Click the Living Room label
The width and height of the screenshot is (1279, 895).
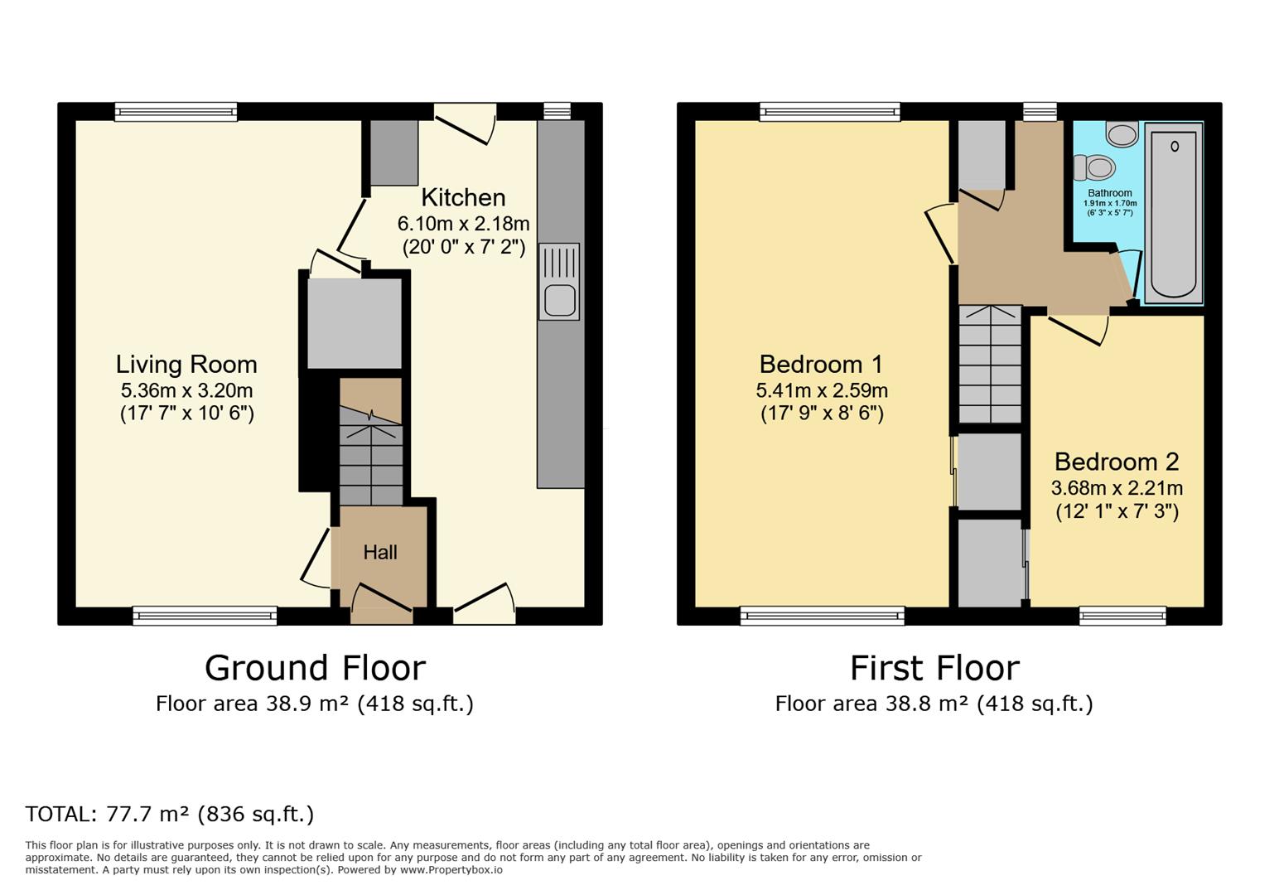pyautogui.click(x=186, y=365)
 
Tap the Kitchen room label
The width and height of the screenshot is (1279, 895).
pyautogui.click(x=463, y=197)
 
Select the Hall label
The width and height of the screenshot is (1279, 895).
pyautogui.click(x=380, y=553)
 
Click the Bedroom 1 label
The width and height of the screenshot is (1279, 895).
pyautogui.click(x=821, y=365)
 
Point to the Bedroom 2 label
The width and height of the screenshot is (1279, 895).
pyautogui.click(x=1116, y=462)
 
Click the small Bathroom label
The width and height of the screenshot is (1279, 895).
pyautogui.click(x=1109, y=193)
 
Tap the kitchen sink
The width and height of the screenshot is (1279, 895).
pyautogui.click(x=559, y=282)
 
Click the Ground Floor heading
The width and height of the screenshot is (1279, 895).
pyautogui.click(x=315, y=668)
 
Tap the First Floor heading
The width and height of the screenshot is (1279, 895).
pyautogui.click(x=934, y=668)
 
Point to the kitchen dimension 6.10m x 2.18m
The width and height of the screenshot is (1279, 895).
pyautogui.click(x=463, y=224)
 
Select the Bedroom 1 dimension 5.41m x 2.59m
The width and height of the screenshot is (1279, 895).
pyautogui.click(x=821, y=390)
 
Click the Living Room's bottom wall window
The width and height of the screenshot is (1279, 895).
pyautogui.click(x=205, y=615)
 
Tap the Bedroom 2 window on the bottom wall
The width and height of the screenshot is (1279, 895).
pyautogui.click(x=1122, y=615)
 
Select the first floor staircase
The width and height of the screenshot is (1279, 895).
pyautogui.click(x=990, y=365)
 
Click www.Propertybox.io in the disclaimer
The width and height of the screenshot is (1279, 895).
pyautogui.click(x=451, y=870)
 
